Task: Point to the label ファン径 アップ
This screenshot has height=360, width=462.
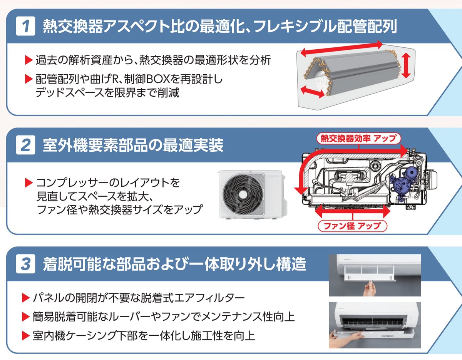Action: [352, 225]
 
